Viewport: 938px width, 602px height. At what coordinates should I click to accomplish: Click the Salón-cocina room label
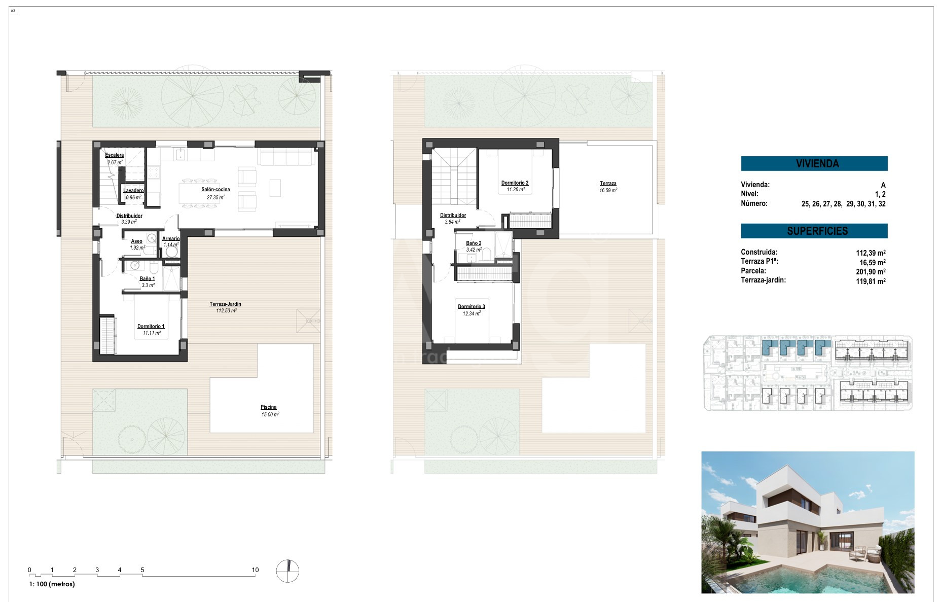(x=215, y=190)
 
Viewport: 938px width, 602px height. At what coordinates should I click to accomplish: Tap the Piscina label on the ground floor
(x=269, y=407)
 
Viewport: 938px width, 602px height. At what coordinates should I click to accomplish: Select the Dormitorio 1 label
(x=151, y=327)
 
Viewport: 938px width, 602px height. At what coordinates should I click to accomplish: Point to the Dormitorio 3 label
(x=472, y=307)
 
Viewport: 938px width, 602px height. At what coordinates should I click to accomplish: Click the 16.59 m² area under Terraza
(x=608, y=191)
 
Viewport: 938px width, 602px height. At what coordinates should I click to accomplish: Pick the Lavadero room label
(x=133, y=191)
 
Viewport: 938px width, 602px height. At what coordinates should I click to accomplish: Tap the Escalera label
(x=115, y=155)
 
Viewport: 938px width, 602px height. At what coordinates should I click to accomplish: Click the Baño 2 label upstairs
(x=474, y=243)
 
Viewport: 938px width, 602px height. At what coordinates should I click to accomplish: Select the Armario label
(x=171, y=239)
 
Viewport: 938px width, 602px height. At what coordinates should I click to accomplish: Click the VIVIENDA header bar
(x=814, y=163)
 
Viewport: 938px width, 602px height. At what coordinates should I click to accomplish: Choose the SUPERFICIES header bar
(x=814, y=231)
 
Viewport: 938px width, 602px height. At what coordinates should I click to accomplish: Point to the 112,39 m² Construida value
(x=871, y=253)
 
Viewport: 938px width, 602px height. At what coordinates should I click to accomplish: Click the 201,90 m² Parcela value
(x=871, y=272)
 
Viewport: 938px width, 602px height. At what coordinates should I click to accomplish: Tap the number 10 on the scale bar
(x=256, y=570)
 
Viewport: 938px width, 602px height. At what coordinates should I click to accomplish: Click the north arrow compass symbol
(x=287, y=572)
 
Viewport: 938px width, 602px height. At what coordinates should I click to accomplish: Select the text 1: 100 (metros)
(x=52, y=584)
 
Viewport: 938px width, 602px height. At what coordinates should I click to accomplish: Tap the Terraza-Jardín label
(x=226, y=304)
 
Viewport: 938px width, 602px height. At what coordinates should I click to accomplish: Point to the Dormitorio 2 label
(x=515, y=183)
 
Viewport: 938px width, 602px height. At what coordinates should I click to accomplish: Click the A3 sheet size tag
(x=13, y=11)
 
